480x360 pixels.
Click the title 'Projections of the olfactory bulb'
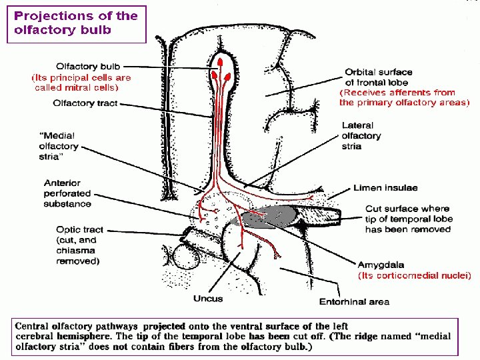point(76,23)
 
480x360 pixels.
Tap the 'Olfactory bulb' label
point(87,67)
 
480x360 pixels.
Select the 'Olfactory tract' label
point(85,103)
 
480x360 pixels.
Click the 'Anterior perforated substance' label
point(67,193)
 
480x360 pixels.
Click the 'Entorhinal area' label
point(354,301)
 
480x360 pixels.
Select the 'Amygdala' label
point(381,265)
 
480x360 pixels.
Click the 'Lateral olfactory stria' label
point(361,135)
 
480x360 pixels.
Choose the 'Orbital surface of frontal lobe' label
point(379,77)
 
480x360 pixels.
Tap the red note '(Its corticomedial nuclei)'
point(414,275)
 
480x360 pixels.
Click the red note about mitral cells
point(81,82)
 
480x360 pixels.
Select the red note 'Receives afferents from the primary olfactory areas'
point(404,97)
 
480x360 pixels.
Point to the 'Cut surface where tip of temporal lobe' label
point(408,219)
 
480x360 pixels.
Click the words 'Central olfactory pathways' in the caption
point(76,327)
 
